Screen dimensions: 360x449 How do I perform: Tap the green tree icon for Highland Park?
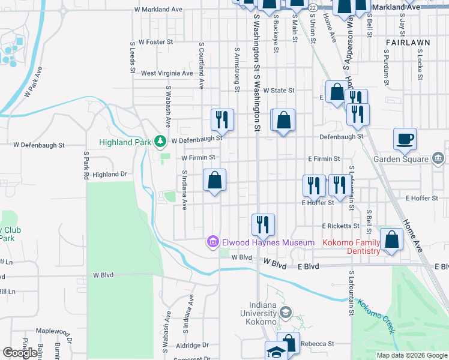(x=160, y=141)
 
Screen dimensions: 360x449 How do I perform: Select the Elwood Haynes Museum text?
(x=268, y=242)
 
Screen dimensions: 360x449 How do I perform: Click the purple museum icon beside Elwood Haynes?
(x=212, y=242)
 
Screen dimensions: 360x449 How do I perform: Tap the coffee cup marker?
(x=405, y=139)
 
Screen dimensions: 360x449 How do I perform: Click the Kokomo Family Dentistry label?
(x=352, y=247)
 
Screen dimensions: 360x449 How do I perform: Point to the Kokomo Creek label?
(x=376, y=316)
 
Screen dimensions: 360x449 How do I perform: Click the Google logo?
(x=20, y=353)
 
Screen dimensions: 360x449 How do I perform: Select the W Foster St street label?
(x=155, y=42)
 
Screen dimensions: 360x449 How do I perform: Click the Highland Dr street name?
(x=110, y=174)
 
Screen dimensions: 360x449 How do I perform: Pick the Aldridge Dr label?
(x=188, y=345)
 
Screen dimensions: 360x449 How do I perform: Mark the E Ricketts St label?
(x=340, y=226)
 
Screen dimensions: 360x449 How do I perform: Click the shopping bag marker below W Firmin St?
(x=214, y=180)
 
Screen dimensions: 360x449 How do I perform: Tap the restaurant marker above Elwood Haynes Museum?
(x=262, y=225)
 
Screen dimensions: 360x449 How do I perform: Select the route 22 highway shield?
(x=313, y=7)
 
